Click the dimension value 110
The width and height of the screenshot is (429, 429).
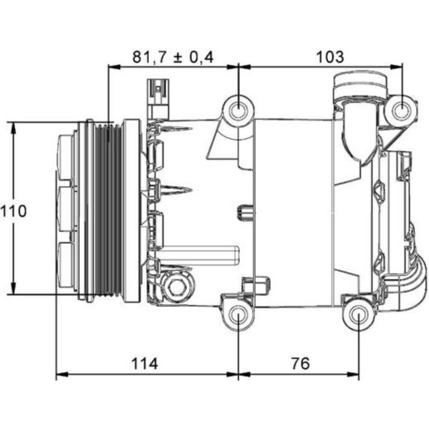click(x=13, y=211)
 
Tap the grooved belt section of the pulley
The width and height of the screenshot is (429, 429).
click(x=107, y=210)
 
